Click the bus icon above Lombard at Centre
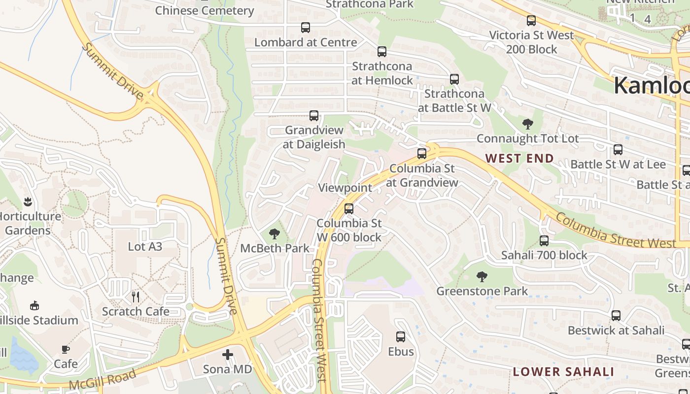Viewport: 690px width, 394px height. click(306, 28)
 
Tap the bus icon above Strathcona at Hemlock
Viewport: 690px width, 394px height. click(381, 51)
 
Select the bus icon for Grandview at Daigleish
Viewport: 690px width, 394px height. click(313, 116)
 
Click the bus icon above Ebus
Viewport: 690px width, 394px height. click(401, 337)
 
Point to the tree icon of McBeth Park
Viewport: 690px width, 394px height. click(275, 234)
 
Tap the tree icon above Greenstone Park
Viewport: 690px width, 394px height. click(482, 277)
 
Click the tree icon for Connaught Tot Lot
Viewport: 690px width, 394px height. click(527, 124)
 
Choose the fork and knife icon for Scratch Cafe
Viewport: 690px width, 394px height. click(136, 296)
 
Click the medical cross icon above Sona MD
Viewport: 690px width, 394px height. click(227, 354)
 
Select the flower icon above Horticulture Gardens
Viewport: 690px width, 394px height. click(27, 201)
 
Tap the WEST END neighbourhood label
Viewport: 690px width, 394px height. click(519, 158)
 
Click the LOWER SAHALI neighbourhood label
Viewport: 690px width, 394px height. click(563, 371)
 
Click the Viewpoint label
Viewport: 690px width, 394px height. click(345, 188)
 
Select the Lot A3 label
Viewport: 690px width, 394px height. click(145, 246)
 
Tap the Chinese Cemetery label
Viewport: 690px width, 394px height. click(205, 10)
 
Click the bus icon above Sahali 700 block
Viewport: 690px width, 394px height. click(544, 241)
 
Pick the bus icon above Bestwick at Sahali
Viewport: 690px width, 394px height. click(616, 316)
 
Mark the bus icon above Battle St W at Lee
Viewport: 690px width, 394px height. click(618, 150)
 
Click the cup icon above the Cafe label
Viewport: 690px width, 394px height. click(65, 349)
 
